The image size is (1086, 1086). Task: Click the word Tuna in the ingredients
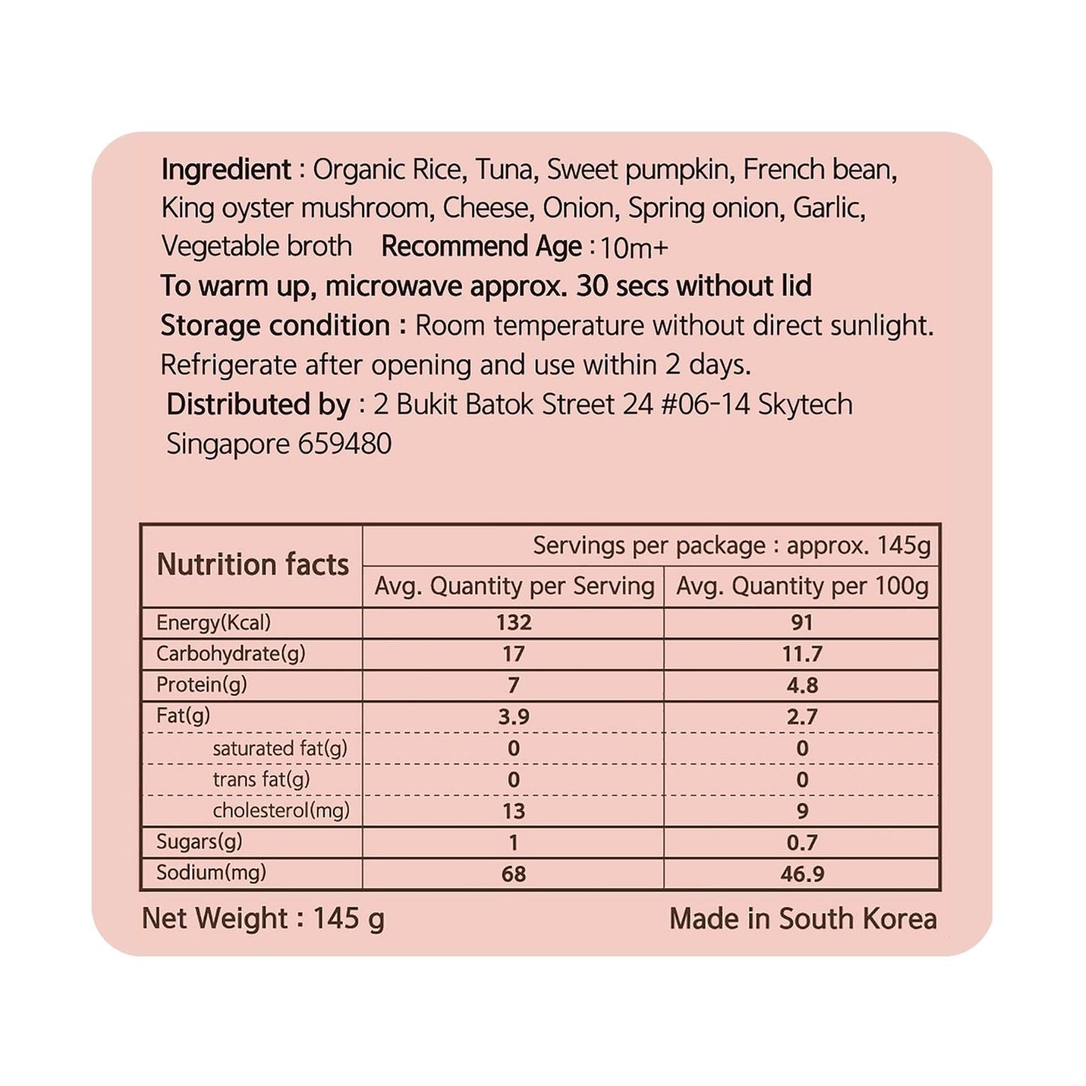pyautogui.click(x=505, y=170)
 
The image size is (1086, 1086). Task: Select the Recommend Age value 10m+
pyautogui.click(x=634, y=248)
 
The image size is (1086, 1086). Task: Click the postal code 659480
pyautogui.click(x=344, y=443)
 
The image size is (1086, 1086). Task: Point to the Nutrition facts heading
pyautogui.click(x=253, y=564)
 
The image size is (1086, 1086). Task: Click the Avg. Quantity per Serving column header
pyautogui.click(x=514, y=586)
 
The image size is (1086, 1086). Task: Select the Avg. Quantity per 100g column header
pyautogui.click(x=802, y=586)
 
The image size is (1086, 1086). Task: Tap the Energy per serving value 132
pyautogui.click(x=513, y=623)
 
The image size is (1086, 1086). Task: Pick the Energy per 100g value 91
pyautogui.click(x=802, y=623)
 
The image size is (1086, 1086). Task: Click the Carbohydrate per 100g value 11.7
pyautogui.click(x=802, y=654)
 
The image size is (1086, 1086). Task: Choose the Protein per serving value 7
pyautogui.click(x=513, y=685)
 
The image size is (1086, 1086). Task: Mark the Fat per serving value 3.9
pyautogui.click(x=513, y=717)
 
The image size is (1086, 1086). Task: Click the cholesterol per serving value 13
pyautogui.click(x=513, y=812)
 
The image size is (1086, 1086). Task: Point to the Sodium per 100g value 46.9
pyautogui.click(x=802, y=874)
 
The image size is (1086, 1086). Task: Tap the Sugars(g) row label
pyautogui.click(x=199, y=842)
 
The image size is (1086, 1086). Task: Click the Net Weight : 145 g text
pyautogui.click(x=263, y=918)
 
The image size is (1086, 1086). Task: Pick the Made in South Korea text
pyautogui.click(x=803, y=918)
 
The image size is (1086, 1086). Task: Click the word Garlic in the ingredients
pyautogui.click(x=828, y=208)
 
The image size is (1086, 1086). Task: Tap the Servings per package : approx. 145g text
pyautogui.click(x=731, y=546)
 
